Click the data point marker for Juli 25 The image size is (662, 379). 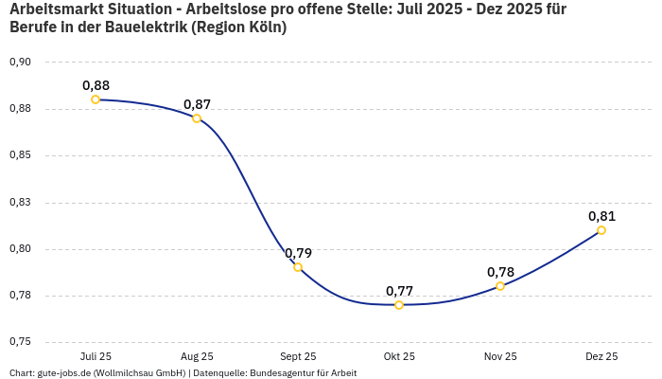[96, 99]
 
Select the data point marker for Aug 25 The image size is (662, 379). [197, 118]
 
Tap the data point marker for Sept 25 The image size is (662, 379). [298, 267]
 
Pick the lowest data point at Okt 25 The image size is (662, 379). [399, 305]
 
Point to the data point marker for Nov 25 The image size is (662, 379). [500, 286]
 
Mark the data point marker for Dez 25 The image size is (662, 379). [601, 230]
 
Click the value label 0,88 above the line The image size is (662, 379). [96, 85]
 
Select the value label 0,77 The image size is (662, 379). [399, 291]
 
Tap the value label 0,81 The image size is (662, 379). [601, 216]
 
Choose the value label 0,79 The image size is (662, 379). [298, 253]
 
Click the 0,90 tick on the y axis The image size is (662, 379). [20, 63]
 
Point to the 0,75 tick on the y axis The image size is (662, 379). [20, 342]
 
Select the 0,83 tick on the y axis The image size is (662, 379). [20, 203]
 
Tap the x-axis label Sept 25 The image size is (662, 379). [298, 357]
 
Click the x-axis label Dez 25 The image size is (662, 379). [601, 357]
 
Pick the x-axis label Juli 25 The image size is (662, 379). [96, 357]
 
